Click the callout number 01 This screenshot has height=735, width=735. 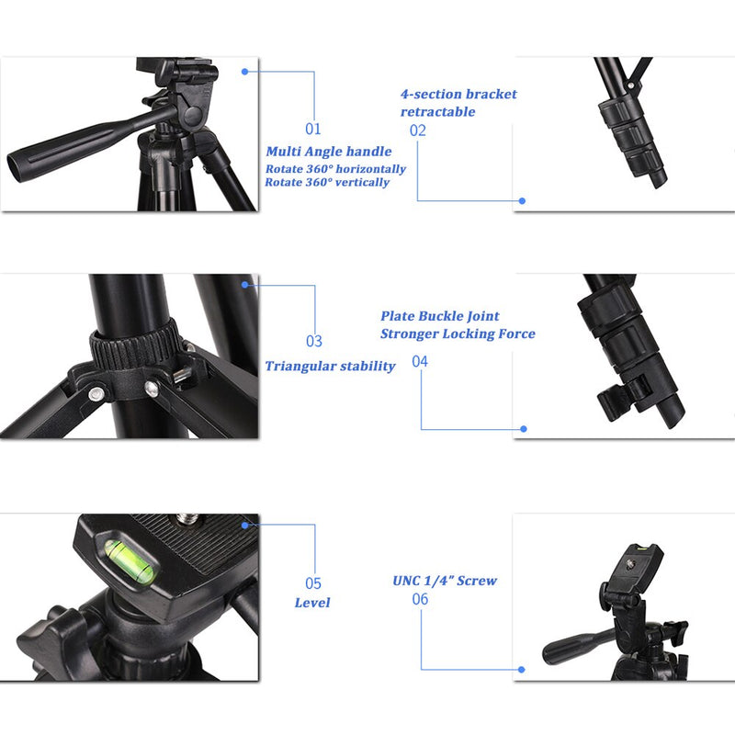click(313, 130)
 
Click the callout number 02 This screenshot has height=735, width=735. click(418, 130)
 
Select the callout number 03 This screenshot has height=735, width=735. click(313, 342)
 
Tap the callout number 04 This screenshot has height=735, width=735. click(420, 362)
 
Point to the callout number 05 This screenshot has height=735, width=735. click(313, 583)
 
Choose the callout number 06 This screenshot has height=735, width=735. click(420, 599)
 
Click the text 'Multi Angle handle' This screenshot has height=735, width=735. click(329, 152)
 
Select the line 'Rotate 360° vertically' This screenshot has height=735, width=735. click(327, 183)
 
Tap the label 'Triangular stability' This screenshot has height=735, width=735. click(330, 367)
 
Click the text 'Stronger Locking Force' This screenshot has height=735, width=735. click(458, 334)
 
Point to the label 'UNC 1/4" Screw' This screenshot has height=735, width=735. click(445, 581)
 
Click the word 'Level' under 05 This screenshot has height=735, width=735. click(312, 604)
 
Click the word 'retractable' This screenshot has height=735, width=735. click(437, 112)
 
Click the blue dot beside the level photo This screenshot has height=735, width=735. click(245, 525)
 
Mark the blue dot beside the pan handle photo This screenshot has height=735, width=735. click(245, 71)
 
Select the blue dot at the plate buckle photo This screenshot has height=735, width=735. click(524, 428)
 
